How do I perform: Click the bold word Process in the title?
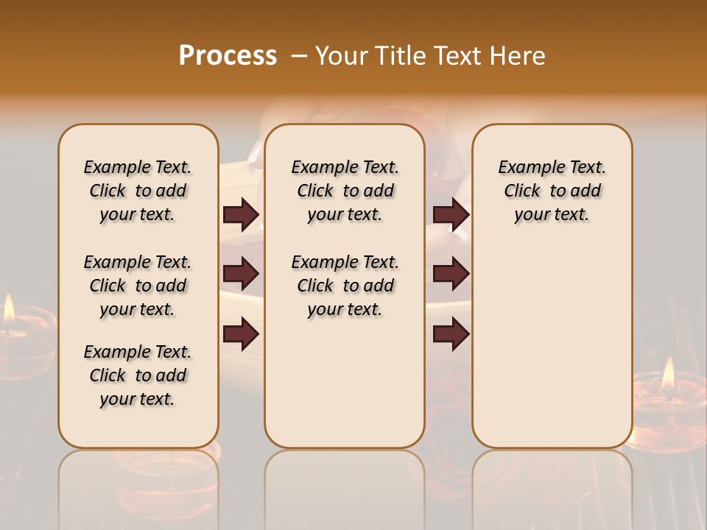pyautogui.click(x=228, y=56)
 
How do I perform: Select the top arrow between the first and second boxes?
pyautogui.click(x=241, y=214)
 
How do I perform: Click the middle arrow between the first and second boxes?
pyautogui.click(x=241, y=274)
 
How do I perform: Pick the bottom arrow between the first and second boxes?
pyautogui.click(x=241, y=334)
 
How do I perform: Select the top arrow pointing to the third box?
pyautogui.click(x=451, y=214)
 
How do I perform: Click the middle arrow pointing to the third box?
pyautogui.click(x=451, y=274)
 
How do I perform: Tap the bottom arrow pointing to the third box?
pyautogui.click(x=451, y=334)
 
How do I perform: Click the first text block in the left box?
pyautogui.click(x=138, y=191)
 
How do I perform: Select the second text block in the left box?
pyautogui.click(x=138, y=286)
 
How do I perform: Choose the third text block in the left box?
pyautogui.click(x=138, y=375)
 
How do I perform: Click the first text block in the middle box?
pyautogui.click(x=345, y=191)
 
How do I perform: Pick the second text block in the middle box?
pyautogui.click(x=345, y=286)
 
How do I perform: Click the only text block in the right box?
pyautogui.click(x=552, y=191)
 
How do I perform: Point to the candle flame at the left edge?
pyautogui.click(x=9, y=310)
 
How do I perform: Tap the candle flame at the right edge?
pyautogui.click(x=668, y=375)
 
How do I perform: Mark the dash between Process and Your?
pyautogui.click(x=299, y=56)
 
